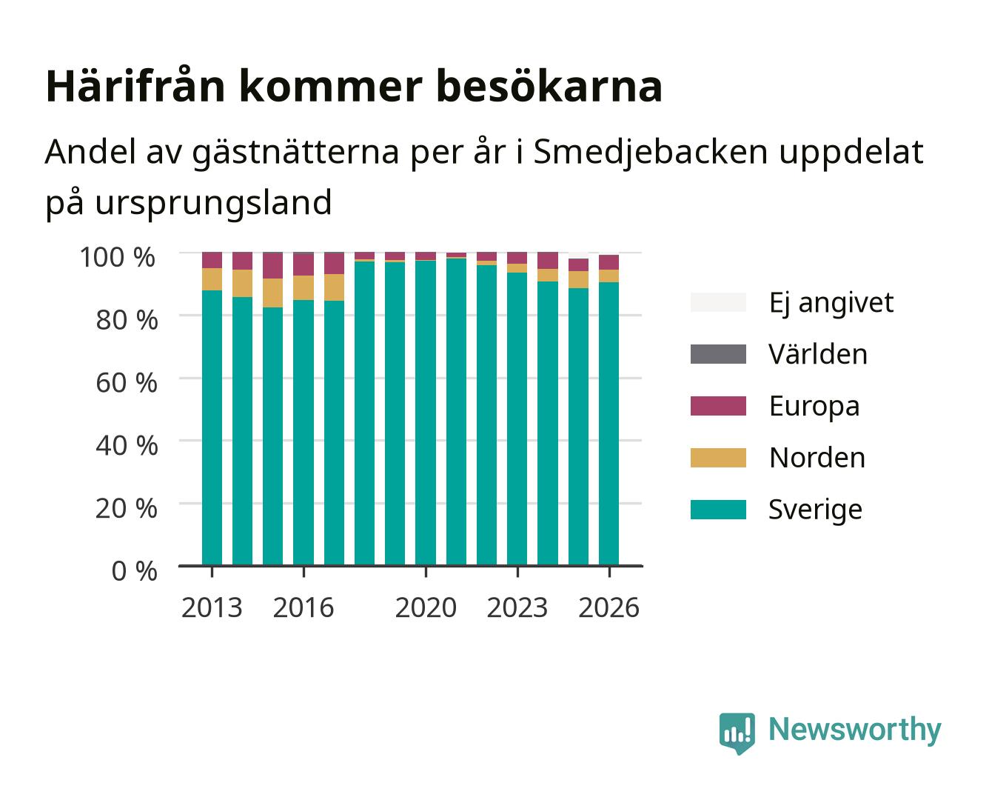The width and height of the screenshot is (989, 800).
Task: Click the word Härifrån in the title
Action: pos(135,86)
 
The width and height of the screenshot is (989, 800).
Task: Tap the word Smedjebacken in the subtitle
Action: pos(650,152)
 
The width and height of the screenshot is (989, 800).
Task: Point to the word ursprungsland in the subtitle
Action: pos(213,202)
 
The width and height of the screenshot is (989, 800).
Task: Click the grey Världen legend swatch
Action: pos(718,354)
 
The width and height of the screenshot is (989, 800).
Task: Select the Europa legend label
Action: pos(814,407)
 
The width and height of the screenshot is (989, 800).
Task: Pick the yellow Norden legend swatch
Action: pos(718,458)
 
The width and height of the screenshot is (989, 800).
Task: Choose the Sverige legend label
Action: pos(815,510)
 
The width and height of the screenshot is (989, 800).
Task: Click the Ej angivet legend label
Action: pos(831,304)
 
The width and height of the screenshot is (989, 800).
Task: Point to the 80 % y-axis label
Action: pos(127,320)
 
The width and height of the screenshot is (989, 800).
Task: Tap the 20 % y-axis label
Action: pos(127,508)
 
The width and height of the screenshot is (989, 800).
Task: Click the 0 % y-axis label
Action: pos(134,571)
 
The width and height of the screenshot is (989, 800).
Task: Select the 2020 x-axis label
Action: pos(426,607)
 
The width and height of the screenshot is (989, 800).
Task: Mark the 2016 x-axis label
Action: pos(304,607)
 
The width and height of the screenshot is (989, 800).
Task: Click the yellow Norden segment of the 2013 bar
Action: pos(212,279)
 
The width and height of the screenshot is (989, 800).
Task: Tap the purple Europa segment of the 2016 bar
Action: pos(304,264)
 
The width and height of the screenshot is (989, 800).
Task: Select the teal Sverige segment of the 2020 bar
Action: pos(426,413)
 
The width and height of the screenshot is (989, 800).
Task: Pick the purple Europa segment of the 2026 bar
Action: pos(609,262)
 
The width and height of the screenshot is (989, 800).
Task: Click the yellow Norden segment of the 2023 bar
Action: pos(517,268)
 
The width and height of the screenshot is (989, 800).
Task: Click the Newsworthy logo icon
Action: pos(737,733)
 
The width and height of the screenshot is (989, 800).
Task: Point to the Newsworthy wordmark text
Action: pos(855,730)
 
